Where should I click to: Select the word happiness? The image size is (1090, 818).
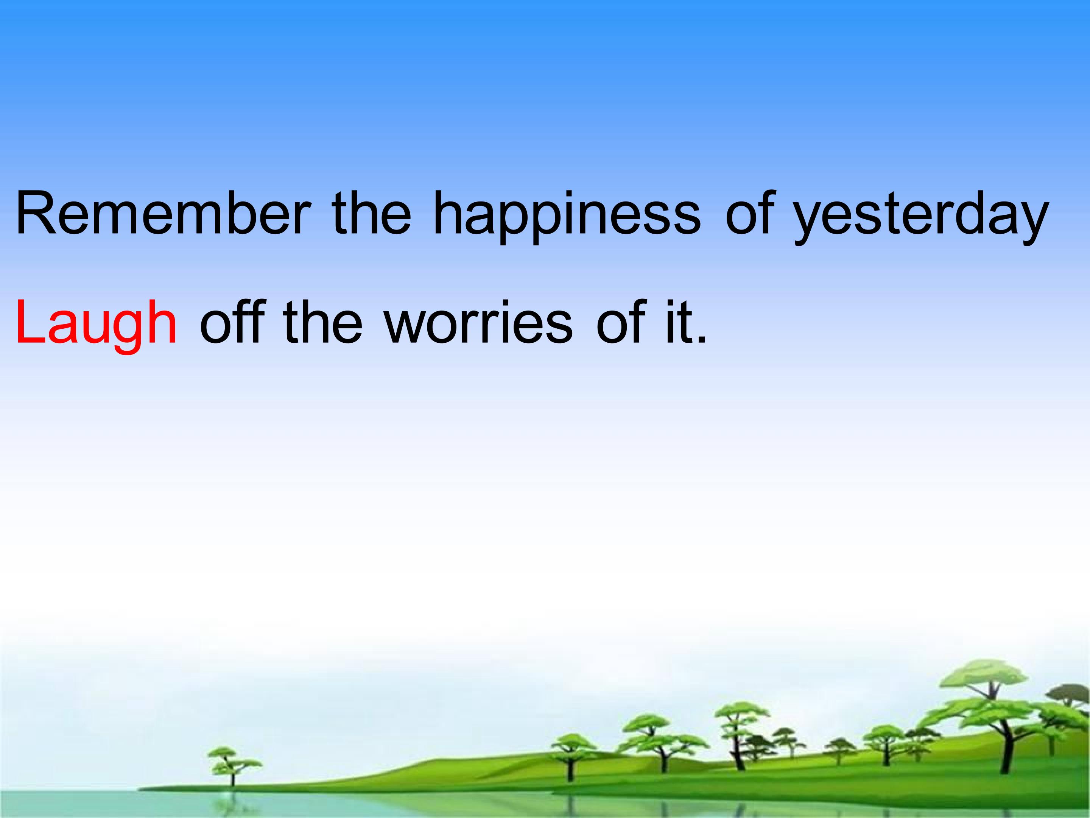567,217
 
